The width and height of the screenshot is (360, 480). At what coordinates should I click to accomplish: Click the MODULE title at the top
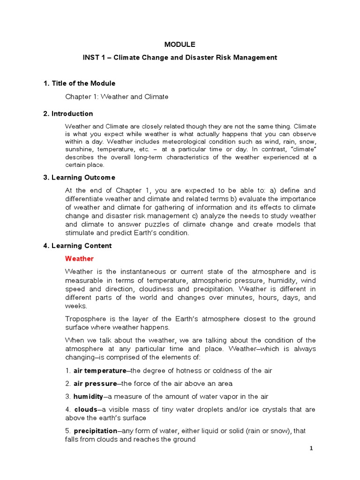tap(180, 45)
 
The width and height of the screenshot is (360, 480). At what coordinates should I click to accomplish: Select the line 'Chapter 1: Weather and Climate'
tap(116, 97)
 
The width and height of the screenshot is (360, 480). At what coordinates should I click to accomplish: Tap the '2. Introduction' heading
tap(68, 113)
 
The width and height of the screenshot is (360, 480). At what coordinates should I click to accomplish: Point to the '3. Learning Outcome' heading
tap(79, 178)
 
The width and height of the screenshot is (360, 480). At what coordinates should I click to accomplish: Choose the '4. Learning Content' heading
tap(77, 246)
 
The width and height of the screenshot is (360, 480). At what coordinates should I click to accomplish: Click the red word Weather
tap(79, 258)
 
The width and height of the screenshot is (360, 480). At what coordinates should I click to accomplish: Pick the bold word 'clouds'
tap(85, 409)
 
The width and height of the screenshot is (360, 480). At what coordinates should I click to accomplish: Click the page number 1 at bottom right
tap(311, 448)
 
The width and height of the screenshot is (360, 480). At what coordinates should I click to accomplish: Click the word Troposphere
tap(84, 319)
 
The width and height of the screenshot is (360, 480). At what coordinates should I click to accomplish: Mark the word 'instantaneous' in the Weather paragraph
tap(144, 271)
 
